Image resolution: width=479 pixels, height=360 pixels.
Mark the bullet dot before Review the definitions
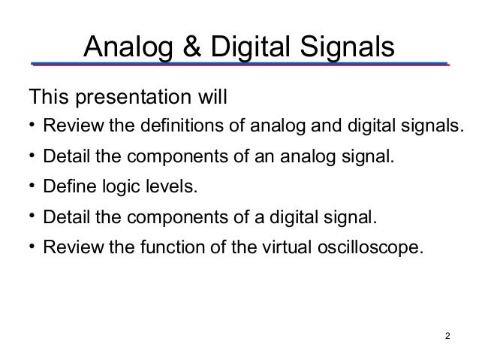coord(32,124)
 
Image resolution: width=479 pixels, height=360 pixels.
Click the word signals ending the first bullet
coord(428,125)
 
